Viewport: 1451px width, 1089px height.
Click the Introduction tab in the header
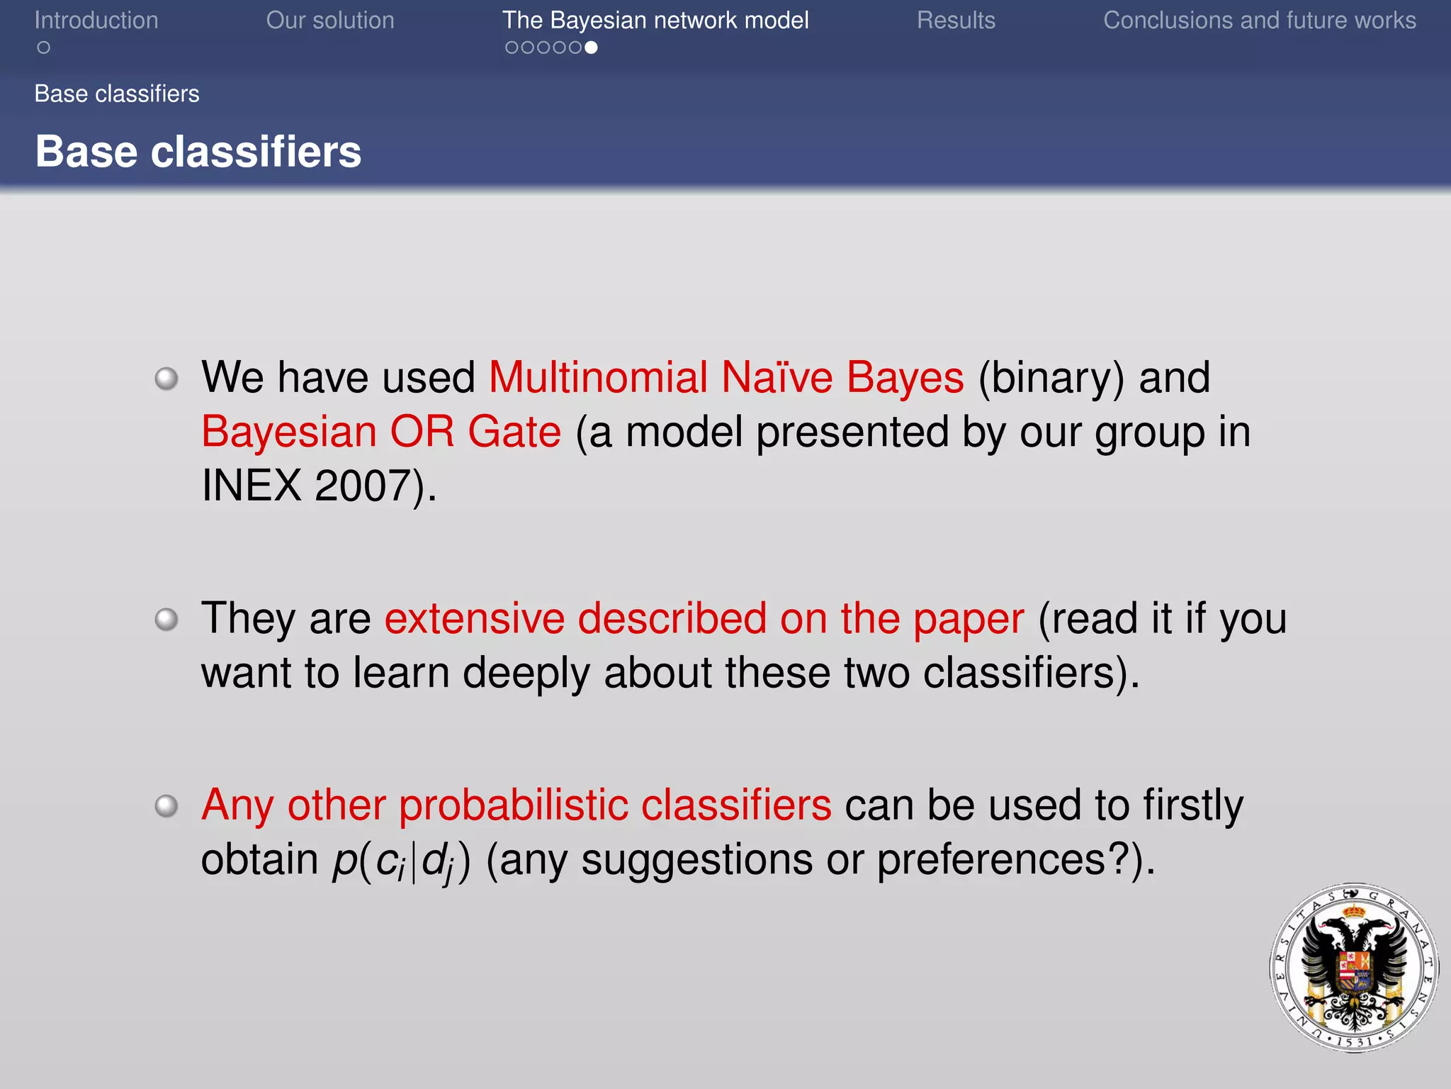pyautogui.click(x=96, y=21)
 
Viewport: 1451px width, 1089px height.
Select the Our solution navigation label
pyautogui.click(x=330, y=21)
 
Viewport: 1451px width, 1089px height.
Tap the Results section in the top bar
pyautogui.click(x=956, y=21)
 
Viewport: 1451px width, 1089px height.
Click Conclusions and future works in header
pyautogui.click(x=1259, y=21)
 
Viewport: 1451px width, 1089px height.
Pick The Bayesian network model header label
pyautogui.click(x=655, y=21)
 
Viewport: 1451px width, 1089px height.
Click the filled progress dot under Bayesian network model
pyautogui.click(x=591, y=48)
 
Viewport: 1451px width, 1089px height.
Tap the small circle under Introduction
pyautogui.click(x=44, y=48)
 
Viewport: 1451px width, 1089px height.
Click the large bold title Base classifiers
pyautogui.click(x=198, y=152)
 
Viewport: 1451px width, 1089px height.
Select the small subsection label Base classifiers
pyautogui.click(x=117, y=94)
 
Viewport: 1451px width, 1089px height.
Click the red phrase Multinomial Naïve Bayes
pyautogui.click(x=726, y=377)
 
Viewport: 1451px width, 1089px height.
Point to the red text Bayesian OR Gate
pyautogui.click(x=381, y=432)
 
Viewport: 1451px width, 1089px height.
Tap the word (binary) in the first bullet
pyautogui.click(x=1051, y=377)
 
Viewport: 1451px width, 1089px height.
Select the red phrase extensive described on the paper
pyautogui.click(x=704, y=618)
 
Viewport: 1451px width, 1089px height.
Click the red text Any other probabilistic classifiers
pyautogui.click(x=516, y=805)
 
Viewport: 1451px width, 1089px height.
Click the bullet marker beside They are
pyautogui.click(x=166, y=619)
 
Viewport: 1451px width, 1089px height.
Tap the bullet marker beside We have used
pyautogui.click(x=166, y=378)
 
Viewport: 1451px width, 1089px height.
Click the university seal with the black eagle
pyautogui.click(x=1353, y=967)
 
